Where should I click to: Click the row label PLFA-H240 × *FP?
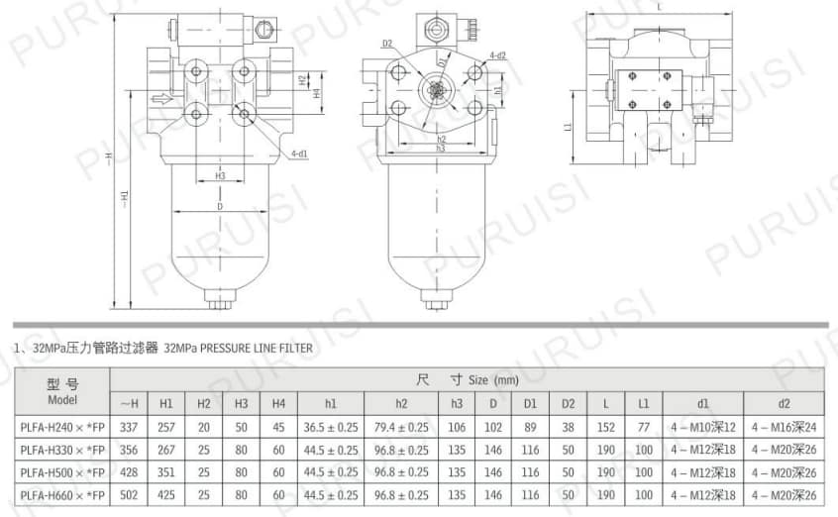point(61,427)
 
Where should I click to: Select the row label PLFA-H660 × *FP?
point(61,494)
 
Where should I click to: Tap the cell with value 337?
point(129,427)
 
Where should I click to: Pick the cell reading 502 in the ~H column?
point(129,494)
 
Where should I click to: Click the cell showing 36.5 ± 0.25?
point(330,427)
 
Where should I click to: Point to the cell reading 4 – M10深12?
point(702,427)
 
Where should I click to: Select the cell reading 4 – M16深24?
point(784,427)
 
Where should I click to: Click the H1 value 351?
point(166,472)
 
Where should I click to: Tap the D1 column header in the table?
point(530,403)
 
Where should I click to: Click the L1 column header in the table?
point(644,403)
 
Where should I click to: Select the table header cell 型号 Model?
point(61,391)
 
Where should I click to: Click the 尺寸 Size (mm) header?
point(466,379)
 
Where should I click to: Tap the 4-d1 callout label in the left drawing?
point(298,155)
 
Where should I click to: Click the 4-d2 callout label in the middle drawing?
point(497,55)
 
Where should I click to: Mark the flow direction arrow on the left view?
point(157,97)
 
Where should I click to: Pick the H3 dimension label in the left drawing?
point(219,175)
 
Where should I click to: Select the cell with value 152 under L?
point(606,427)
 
